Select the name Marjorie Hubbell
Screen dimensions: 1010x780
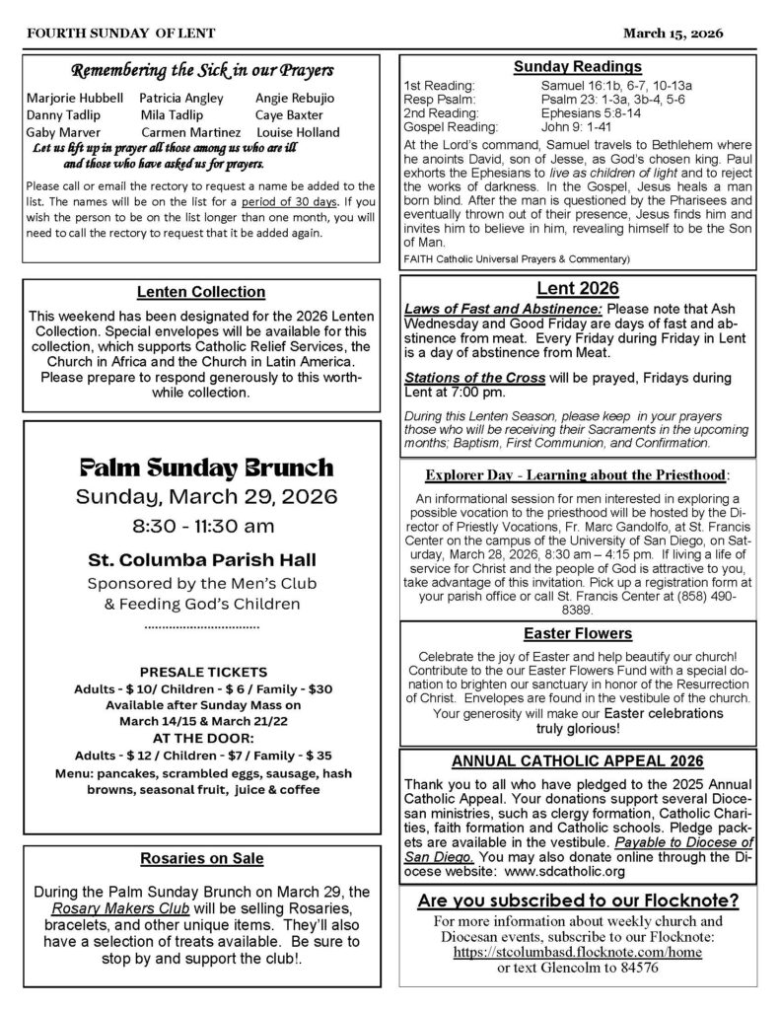(75, 99)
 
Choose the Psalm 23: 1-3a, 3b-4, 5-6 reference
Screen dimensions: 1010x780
(590, 100)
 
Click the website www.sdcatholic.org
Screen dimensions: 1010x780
(567, 872)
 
